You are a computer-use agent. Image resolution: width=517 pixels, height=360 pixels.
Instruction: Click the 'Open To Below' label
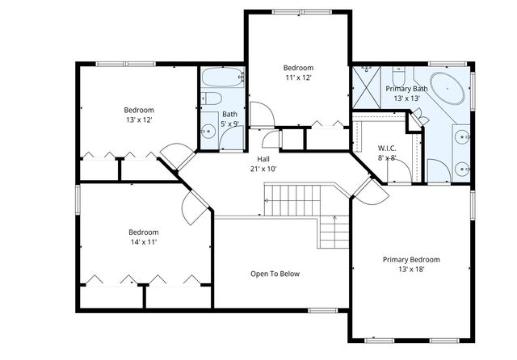(275, 274)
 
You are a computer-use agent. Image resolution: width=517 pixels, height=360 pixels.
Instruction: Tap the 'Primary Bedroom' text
(411, 259)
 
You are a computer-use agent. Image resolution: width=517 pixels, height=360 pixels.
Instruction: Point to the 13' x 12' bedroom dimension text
(138, 119)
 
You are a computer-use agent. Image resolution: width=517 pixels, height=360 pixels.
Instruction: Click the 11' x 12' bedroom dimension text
(298, 77)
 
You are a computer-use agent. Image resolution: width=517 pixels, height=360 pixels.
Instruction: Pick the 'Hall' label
(263, 159)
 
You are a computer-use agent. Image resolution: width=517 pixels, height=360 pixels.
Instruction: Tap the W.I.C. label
(386, 148)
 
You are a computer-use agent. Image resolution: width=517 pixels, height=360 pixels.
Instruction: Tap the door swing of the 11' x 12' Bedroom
(261, 115)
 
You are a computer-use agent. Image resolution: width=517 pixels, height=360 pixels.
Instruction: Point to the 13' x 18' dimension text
(411, 270)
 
